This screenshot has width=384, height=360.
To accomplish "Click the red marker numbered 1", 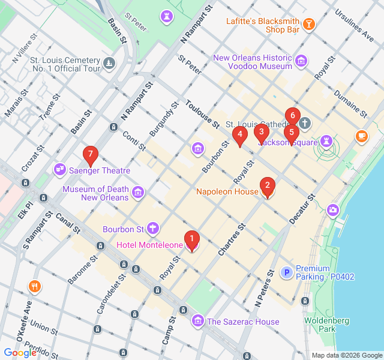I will click(x=191, y=240).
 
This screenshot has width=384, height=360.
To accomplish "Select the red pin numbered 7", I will click(x=90, y=155).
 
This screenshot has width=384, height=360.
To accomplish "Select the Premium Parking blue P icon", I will click(x=287, y=272).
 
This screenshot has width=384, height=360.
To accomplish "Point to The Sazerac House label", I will click(x=243, y=322).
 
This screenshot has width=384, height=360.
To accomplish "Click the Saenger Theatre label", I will click(x=100, y=170).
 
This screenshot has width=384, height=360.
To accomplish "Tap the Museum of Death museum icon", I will click(x=139, y=193).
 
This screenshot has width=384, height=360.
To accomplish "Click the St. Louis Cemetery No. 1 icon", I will click(x=109, y=62).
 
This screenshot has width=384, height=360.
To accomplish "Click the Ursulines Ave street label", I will click(x=354, y=21).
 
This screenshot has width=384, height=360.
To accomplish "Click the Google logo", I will click(x=20, y=353).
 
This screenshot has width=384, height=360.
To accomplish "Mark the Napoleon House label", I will click(x=227, y=192).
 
